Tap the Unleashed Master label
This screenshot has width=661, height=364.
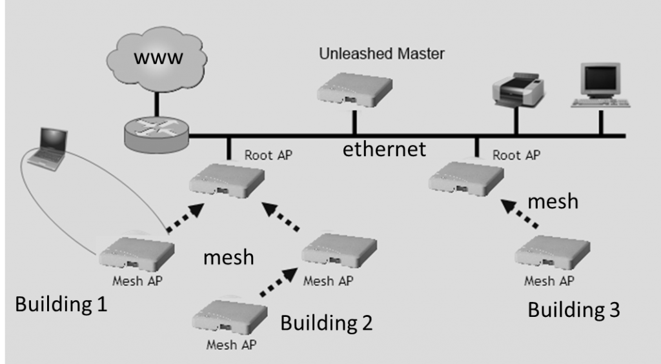(x=382, y=54)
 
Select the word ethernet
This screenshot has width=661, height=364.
(x=384, y=149)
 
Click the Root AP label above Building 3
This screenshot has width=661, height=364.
(x=516, y=155)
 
